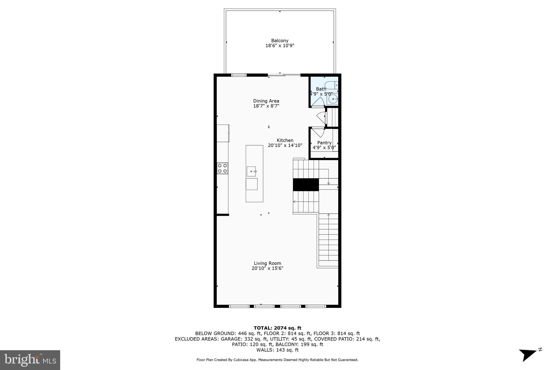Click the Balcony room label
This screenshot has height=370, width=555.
pyautogui.click(x=280, y=41)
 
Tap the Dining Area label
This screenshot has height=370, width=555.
pyautogui.click(x=266, y=101)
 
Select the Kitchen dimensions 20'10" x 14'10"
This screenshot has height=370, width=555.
pyautogui.click(x=285, y=145)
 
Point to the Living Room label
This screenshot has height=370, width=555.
pyautogui.click(x=267, y=263)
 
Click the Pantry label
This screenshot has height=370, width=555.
pyautogui.click(x=324, y=143)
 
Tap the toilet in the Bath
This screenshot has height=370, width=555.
pyautogui.click(x=332, y=85)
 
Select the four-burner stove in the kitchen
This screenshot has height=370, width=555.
pyautogui.click(x=222, y=168)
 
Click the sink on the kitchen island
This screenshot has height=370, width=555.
pyautogui.click(x=251, y=171)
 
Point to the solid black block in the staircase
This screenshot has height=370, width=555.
pyautogui.click(x=306, y=185)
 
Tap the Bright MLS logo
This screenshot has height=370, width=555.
pyautogui.click(x=30, y=360)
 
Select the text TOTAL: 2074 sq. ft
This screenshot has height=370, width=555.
pyautogui.click(x=277, y=328)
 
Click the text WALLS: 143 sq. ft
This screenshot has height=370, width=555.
pyautogui.click(x=277, y=350)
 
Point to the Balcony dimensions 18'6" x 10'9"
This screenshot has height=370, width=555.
pyautogui.click(x=280, y=46)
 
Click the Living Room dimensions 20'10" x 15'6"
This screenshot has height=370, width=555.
pyautogui.click(x=267, y=268)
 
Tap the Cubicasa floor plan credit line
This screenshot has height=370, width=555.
pyautogui.click(x=277, y=360)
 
